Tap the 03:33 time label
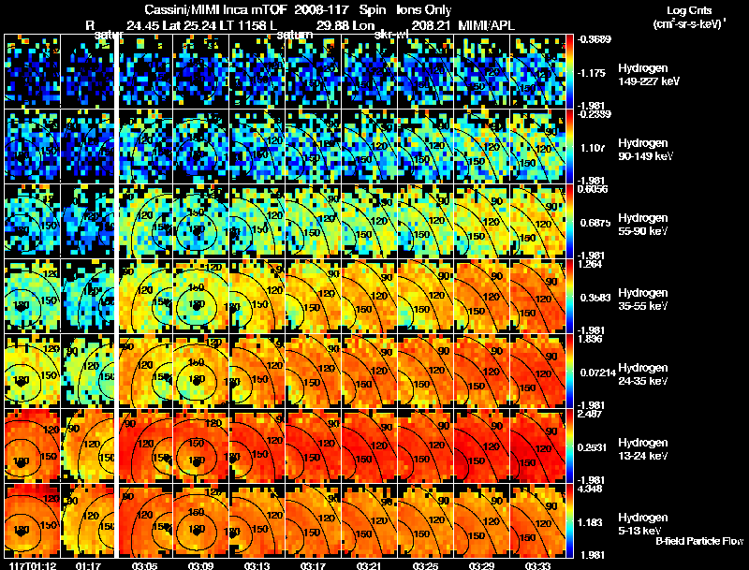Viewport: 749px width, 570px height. (x=536, y=564)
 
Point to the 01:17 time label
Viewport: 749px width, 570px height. (x=88, y=564)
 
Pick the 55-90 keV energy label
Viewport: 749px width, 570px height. (x=642, y=231)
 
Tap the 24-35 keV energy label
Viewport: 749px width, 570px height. (x=642, y=381)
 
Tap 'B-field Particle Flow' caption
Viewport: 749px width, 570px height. (x=699, y=541)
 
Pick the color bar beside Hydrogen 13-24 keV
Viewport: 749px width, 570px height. (x=570, y=445)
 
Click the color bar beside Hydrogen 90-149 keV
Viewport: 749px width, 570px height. (x=570, y=145)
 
